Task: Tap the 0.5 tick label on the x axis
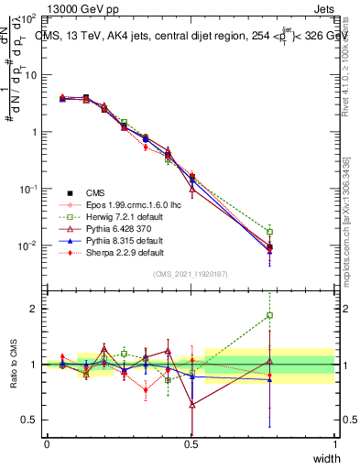click(x=191, y=443)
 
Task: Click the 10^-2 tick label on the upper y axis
click(x=27, y=245)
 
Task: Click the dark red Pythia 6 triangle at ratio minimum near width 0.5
click(x=191, y=404)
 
